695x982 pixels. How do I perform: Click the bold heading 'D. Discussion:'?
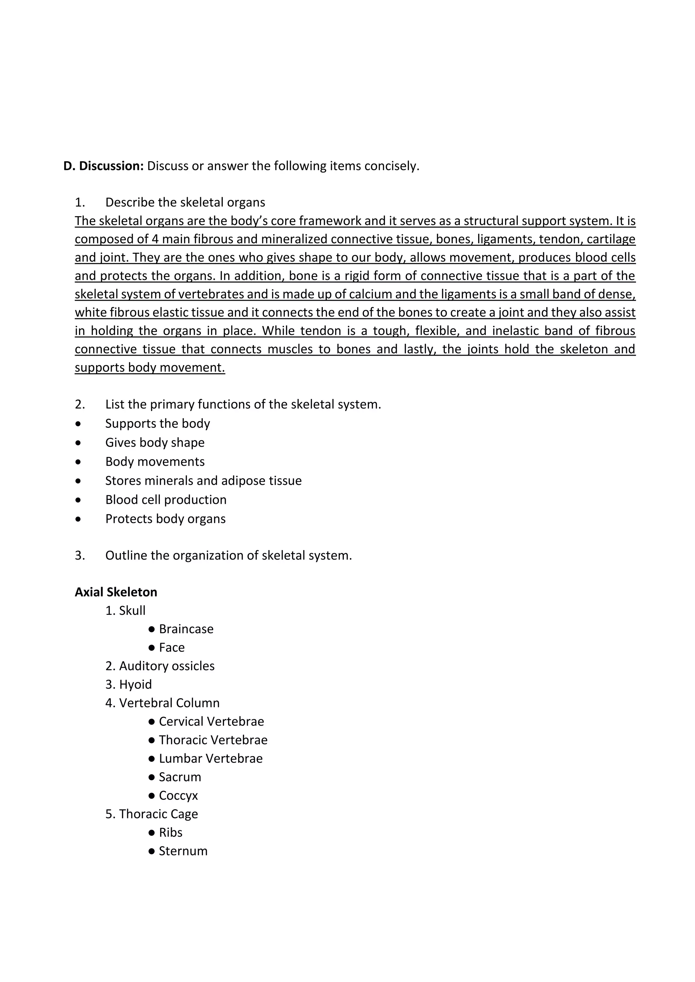point(103,166)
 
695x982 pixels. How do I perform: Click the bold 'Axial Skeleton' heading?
point(116,592)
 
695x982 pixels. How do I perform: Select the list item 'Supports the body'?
point(157,423)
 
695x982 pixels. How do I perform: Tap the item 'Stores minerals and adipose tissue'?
point(203,481)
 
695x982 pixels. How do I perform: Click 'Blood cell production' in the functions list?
point(166,500)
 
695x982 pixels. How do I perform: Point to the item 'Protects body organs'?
point(165,519)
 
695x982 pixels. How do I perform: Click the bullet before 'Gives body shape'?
point(78,443)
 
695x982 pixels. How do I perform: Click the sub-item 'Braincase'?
point(186,629)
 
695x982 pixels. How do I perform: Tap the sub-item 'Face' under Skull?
point(172,647)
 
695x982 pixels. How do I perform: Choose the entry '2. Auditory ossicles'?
point(159,666)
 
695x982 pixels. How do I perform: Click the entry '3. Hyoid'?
point(128,685)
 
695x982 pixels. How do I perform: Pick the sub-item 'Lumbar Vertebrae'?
point(210,759)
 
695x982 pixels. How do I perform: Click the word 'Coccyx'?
point(178,795)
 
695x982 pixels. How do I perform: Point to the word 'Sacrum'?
point(180,777)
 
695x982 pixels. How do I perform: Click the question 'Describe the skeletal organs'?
point(185,202)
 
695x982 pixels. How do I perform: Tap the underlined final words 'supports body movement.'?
point(150,367)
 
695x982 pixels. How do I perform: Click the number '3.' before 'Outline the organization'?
point(80,555)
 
